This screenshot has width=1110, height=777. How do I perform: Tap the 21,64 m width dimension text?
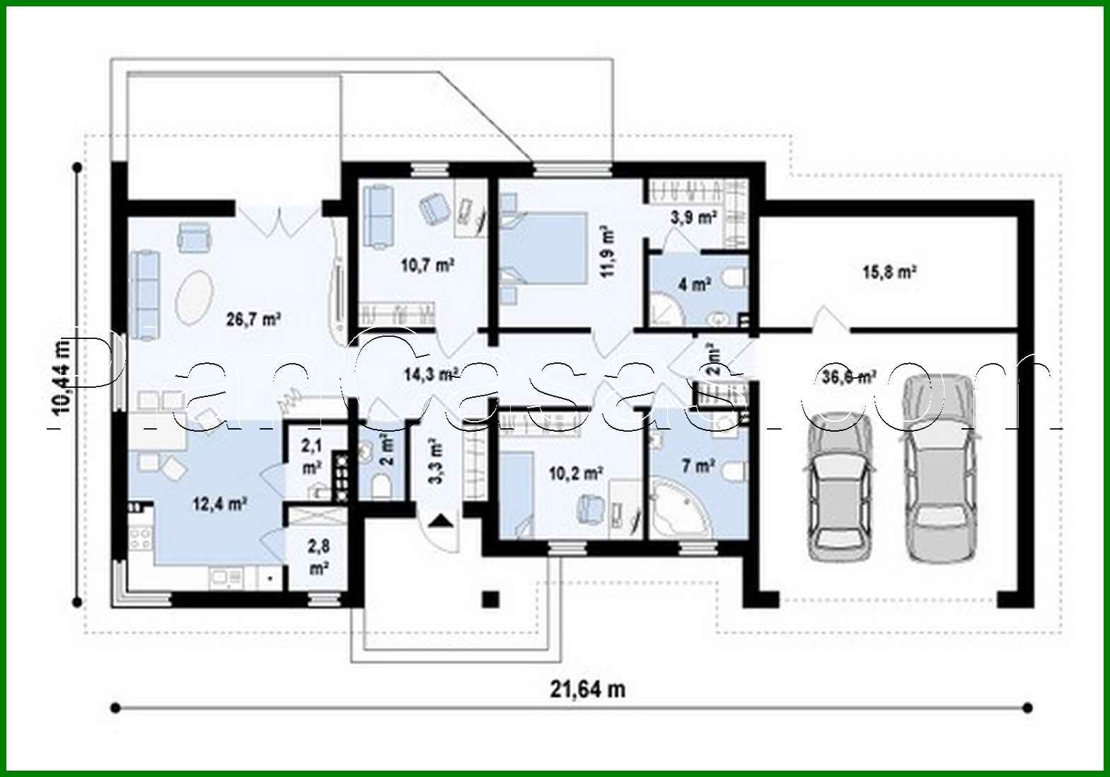click(x=587, y=689)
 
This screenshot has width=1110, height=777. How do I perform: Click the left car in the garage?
click(x=838, y=488)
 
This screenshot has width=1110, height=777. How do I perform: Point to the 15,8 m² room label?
click(x=889, y=272)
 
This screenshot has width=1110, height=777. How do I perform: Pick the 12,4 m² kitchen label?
click(x=219, y=504)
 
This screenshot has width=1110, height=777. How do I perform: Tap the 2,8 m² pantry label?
click(x=318, y=556)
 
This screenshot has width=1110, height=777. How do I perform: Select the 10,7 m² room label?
click(x=427, y=266)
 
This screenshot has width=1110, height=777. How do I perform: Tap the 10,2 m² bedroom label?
click(x=575, y=473)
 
